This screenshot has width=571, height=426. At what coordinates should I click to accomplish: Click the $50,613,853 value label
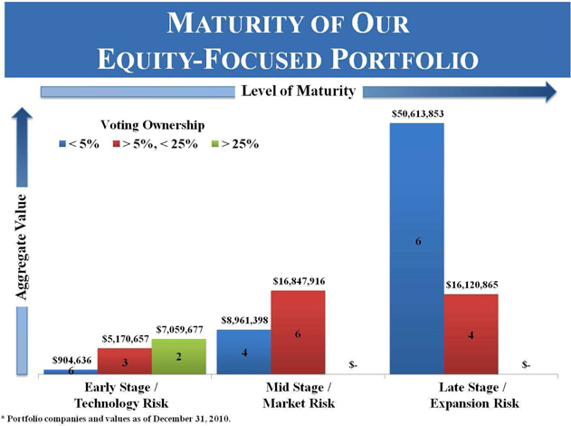418,114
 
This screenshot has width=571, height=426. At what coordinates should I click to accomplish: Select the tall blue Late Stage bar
417,248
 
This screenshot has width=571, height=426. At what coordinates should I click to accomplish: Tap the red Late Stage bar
471,334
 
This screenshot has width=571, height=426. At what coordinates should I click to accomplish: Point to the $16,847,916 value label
299,281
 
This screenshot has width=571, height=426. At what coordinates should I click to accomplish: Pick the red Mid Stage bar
298,333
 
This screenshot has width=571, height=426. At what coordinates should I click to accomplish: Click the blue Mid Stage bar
244,352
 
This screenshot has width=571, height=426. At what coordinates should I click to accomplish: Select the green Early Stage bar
179,356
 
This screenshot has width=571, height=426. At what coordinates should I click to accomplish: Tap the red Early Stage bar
125,361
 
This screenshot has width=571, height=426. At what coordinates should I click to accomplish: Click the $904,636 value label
71,361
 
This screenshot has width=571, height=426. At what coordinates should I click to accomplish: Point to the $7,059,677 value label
179,329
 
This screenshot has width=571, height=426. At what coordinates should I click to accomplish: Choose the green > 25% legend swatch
214,144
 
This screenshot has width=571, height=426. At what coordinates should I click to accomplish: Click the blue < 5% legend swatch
62,144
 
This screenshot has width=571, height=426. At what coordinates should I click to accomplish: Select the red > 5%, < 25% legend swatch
116,144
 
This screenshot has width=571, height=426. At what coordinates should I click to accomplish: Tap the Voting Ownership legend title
153,125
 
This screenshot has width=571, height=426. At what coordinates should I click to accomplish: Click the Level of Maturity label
299,91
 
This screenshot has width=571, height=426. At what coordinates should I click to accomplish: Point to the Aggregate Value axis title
22,247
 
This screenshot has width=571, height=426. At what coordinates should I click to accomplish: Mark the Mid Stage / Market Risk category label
299,395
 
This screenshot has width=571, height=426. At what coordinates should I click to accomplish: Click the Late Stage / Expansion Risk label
474,395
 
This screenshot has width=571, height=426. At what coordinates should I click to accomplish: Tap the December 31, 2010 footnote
116,419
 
